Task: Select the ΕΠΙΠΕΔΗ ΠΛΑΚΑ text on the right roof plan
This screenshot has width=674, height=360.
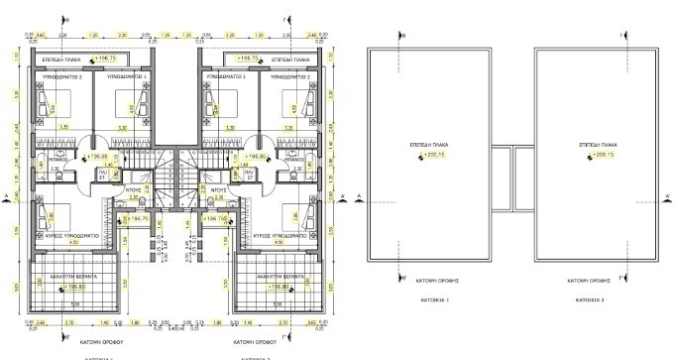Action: coord(595,144)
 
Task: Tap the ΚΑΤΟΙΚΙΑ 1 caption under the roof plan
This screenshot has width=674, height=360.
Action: coord(434,298)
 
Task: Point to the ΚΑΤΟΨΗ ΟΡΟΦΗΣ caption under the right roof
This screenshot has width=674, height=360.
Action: coord(595,281)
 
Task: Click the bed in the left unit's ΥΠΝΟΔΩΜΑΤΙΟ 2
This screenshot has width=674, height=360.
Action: coord(45,101)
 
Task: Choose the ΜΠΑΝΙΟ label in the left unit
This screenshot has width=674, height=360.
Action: coord(58,158)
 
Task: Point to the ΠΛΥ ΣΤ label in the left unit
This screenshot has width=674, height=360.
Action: coord(130,174)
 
